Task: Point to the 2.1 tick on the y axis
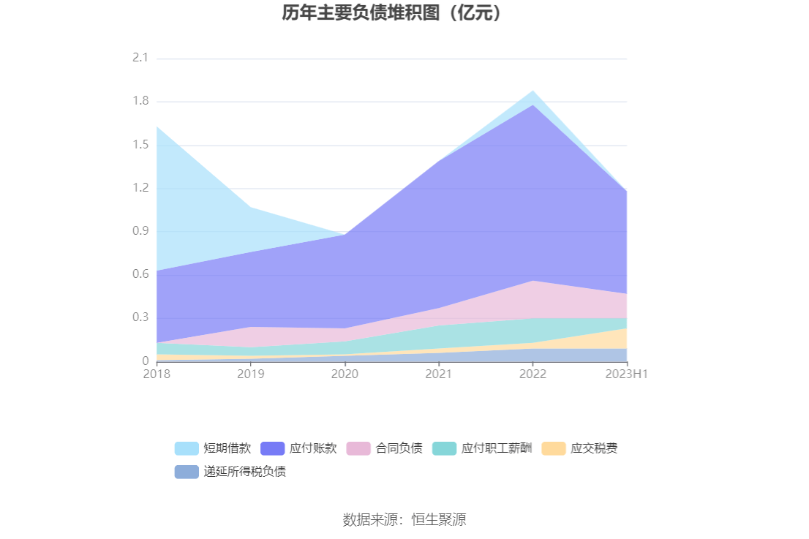click(x=140, y=59)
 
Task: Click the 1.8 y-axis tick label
click(x=140, y=102)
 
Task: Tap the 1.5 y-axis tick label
click(x=140, y=145)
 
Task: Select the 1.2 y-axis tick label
click(x=140, y=188)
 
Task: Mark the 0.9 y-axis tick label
click(x=140, y=231)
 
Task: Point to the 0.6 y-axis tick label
click(x=140, y=274)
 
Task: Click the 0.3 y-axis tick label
click(x=140, y=317)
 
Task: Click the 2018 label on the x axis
click(x=157, y=374)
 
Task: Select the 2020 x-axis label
click(x=345, y=374)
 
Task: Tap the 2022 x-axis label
click(x=533, y=374)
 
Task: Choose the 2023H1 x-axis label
click(x=628, y=374)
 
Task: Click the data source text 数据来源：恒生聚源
click(x=404, y=520)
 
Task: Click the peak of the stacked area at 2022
click(x=533, y=91)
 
